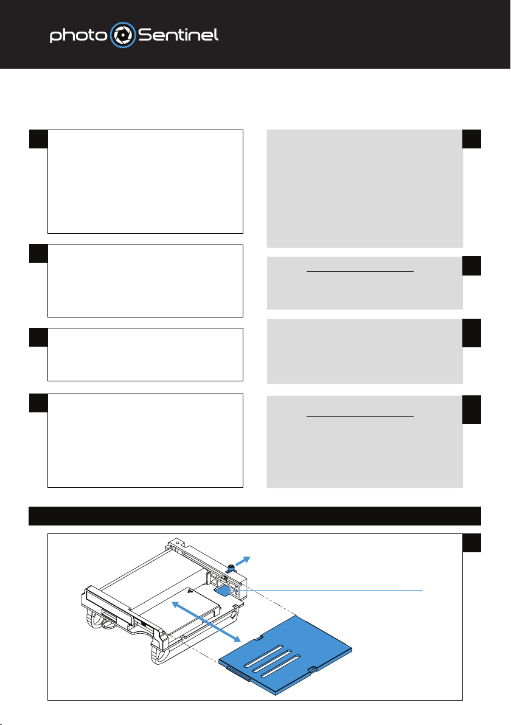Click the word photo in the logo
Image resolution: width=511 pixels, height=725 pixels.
pos(78,35)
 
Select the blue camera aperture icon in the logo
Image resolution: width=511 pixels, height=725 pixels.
pos(122,35)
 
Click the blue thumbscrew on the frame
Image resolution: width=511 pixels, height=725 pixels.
pos(230,568)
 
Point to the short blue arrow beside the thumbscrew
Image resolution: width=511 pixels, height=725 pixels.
pos(242,561)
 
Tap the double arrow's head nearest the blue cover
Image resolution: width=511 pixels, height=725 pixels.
pos(236,638)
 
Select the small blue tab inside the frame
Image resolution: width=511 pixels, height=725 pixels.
pos(223,591)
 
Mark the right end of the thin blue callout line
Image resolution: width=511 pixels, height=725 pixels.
pos(423,591)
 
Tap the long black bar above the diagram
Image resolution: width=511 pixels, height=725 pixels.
pos(255,516)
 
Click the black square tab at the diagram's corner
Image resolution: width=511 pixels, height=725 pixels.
pos(471,543)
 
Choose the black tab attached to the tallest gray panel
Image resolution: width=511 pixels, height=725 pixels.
pos(471,139)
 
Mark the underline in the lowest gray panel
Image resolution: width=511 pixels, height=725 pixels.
pos(360,416)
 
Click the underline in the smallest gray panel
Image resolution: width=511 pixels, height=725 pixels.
pos(360,272)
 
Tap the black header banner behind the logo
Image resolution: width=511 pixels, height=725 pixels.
pos(255,34)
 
